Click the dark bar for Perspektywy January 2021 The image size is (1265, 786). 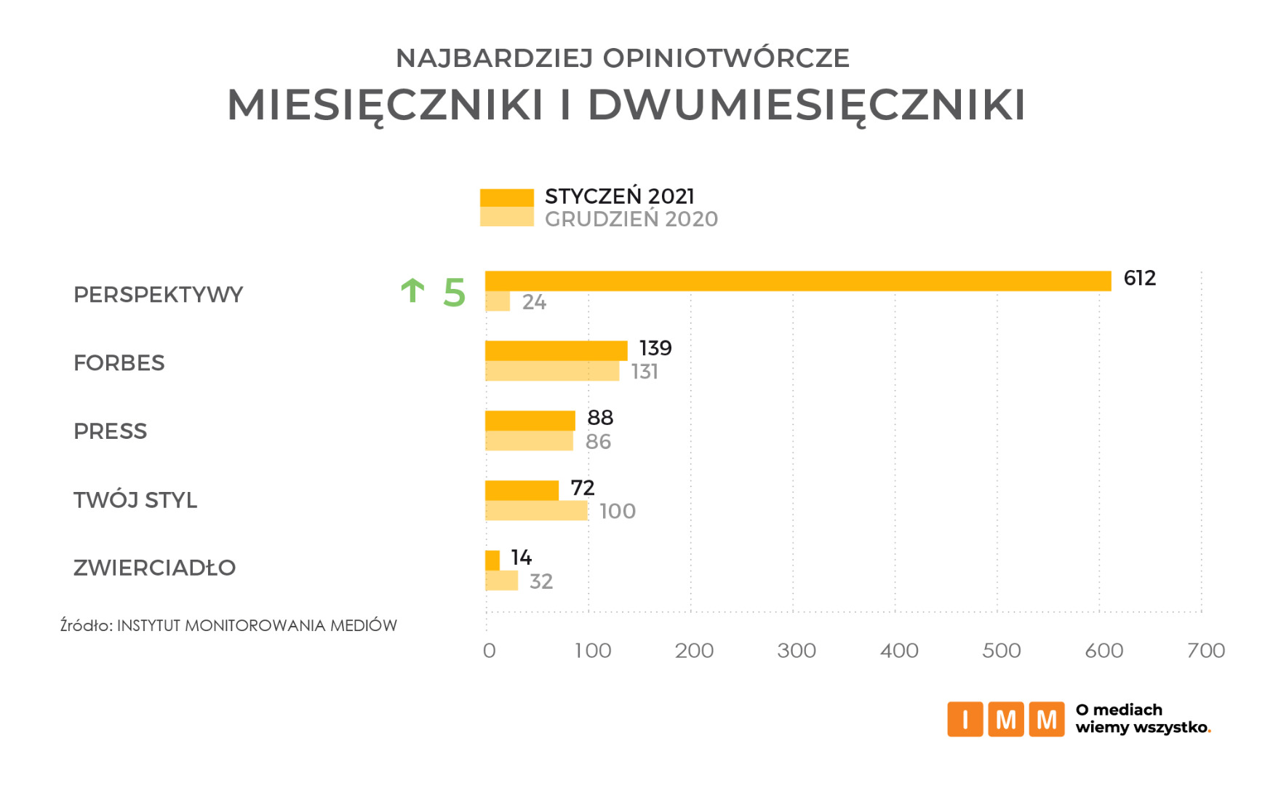pos(797,281)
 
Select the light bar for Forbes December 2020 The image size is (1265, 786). pos(552,371)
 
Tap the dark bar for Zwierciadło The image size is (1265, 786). pos(492,560)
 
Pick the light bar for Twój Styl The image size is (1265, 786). pos(536,511)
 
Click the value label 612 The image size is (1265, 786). pos(1139,278)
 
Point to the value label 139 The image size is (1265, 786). pos(655,348)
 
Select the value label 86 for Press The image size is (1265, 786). pos(598,442)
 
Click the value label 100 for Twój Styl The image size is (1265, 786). pos(617,512)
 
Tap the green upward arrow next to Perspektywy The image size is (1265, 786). pos(412,290)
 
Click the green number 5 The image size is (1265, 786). pos(454,293)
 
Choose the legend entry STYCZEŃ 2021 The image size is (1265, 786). pos(619,196)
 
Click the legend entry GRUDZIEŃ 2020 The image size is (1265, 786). pos(631,219)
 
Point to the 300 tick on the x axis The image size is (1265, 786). pos(796,651)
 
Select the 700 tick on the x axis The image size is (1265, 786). pos(1205,651)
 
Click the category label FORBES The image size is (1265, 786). pos(119,363)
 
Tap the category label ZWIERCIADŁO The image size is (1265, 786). pos(154,568)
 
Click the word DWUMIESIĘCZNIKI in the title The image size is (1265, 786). pos(806,106)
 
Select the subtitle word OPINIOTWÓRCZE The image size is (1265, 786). pos(726,58)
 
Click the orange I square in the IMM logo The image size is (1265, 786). pos(965,719)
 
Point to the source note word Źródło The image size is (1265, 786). pos(85,625)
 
